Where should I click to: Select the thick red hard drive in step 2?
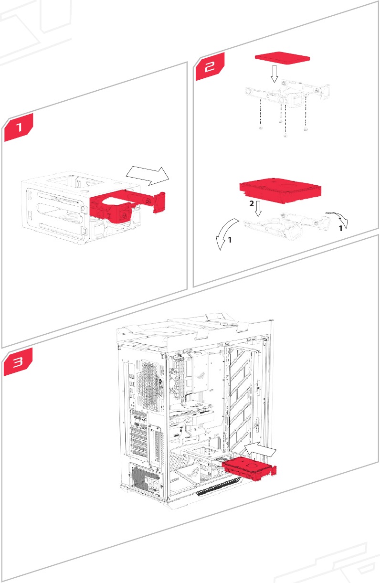pyautogui.click(x=282, y=190)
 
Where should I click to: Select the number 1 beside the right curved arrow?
pyautogui.click(x=340, y=229)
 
